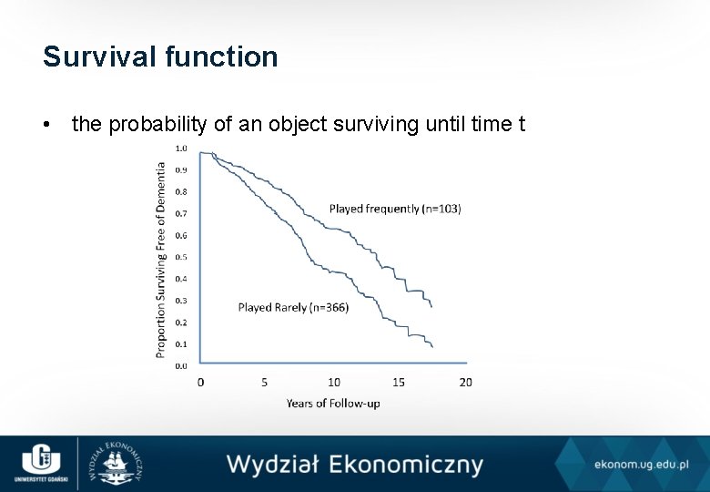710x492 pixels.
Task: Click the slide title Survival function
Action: coord(160,56)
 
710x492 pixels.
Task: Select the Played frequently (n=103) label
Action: coord(395,209)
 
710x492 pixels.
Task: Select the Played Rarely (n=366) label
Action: coord(293,307)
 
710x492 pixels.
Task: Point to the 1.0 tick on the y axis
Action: coord(181,148)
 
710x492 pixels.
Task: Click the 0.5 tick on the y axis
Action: coord(181,257)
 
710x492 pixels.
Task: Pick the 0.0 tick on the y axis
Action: coord(181,365)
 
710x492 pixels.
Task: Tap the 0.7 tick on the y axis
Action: coord(181,213)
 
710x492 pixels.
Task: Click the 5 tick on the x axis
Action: coord(265,382)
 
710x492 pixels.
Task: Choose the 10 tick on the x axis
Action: coord(334,382)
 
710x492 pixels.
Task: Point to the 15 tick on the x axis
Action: coord(399,382)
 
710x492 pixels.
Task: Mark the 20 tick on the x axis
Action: coord(465,382)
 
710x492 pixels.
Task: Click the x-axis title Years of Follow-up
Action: coord(333,403)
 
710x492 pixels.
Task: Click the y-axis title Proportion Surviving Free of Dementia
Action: coord(161,260)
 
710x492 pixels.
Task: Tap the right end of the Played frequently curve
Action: coord(431,307)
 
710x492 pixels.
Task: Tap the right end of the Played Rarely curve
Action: coord(431,346)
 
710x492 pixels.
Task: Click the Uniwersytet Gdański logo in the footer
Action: coord(37,463)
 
